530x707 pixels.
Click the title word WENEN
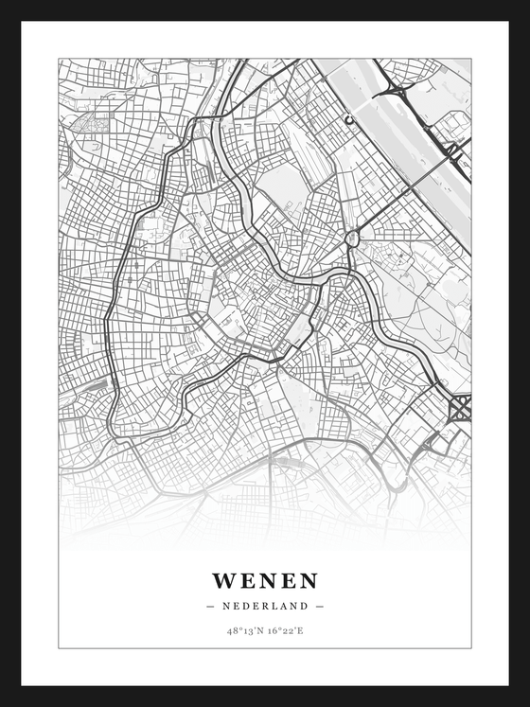coord(265,580)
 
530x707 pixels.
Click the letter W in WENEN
coord(223,580)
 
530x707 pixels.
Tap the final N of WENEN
coord(309,580)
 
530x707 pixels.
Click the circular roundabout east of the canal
coord(352,238)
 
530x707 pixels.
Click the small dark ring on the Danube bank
coord(348,120)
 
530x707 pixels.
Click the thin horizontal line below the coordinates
coord(265,648)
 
